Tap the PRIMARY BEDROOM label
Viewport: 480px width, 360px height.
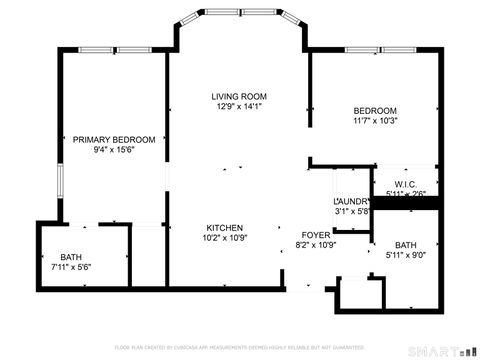pos(114,139)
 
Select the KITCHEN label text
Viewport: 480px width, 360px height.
pos(225,227)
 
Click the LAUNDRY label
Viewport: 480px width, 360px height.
pos(351,201)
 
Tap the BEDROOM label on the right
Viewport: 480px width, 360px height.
pos(375,110)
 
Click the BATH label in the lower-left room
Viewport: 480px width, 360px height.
pos(71,257)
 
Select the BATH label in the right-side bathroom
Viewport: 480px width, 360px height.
pos(405,245)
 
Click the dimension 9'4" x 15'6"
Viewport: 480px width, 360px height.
pos(114,150)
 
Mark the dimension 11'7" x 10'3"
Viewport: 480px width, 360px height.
pos(375,121)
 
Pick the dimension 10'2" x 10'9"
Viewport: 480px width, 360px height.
pos(225,238)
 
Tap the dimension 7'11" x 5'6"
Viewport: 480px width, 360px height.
pos(71,268)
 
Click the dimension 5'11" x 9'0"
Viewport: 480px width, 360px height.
pos(405,256)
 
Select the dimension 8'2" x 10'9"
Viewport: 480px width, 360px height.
pos(316,245)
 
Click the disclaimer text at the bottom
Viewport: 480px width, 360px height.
pos(239,347)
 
